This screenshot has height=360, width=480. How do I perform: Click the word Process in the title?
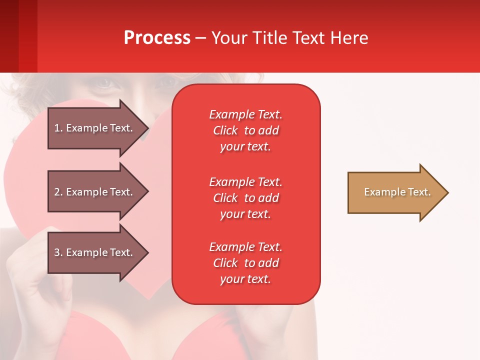(157, 38)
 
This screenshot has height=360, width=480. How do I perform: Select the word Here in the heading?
(348, 38)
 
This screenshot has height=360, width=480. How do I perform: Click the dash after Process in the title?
(201, 38)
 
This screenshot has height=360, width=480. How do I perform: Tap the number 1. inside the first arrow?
(58, 128)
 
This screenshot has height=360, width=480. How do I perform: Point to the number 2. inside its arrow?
(58, 192)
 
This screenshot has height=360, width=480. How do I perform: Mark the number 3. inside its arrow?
(58, 252)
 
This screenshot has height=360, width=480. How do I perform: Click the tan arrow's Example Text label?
(397, 192)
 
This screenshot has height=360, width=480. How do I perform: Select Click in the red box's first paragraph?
(225, 131)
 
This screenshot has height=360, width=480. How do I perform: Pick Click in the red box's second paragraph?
(225, 198)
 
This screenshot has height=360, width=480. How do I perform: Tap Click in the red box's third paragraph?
(225, 263)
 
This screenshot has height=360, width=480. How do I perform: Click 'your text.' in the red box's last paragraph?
(245, 279)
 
